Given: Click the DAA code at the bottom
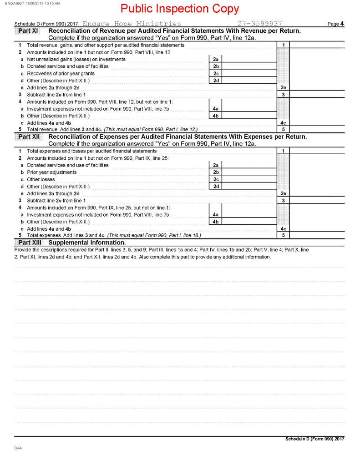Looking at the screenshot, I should coord(18,448).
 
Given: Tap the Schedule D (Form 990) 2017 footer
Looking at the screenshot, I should coord(314,439).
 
